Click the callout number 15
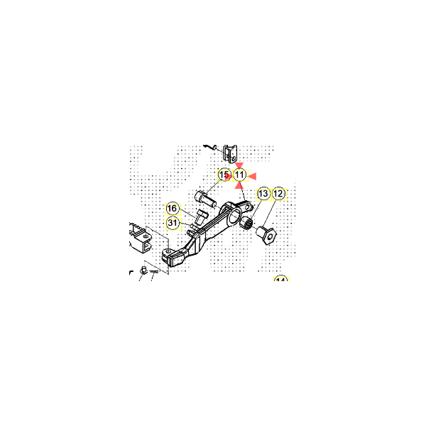(224, 175)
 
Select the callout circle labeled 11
(240, 175)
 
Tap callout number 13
(263, 193)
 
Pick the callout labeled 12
(278, 193)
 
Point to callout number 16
(173, 209)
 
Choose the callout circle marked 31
(173, 223)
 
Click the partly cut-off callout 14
(280, 280)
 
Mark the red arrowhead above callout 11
(240, 165)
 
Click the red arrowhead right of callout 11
(251, 175)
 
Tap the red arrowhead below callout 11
(240, 185)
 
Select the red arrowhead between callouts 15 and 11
(231, 175)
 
